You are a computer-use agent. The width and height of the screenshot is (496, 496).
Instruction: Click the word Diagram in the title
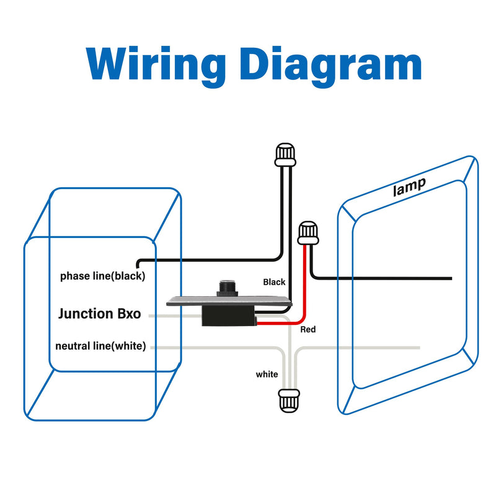(331, 67)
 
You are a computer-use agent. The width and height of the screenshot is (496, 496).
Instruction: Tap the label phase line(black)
(102, 276)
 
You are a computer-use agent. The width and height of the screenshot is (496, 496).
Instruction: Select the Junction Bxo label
(100, 314)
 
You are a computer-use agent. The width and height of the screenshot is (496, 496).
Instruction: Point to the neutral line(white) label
(100, 346)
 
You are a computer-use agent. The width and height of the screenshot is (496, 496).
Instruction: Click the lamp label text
(409, 187)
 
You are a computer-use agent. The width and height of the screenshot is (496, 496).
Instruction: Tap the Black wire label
(274, 282)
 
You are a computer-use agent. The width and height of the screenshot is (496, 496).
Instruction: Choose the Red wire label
(308, 330)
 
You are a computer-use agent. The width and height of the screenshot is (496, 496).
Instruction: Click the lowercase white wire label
(267, 374)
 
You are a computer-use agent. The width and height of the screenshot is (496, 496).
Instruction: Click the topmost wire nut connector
(285, 154)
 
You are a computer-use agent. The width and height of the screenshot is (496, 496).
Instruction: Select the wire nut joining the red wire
(308, 233)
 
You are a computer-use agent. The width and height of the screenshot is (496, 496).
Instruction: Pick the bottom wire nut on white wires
(288, 401)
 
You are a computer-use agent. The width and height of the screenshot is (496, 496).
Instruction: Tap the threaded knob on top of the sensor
(227, 288)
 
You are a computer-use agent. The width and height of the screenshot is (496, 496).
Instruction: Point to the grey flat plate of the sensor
(229, 301)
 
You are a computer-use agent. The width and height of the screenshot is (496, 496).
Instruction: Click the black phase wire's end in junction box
(138, 267)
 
